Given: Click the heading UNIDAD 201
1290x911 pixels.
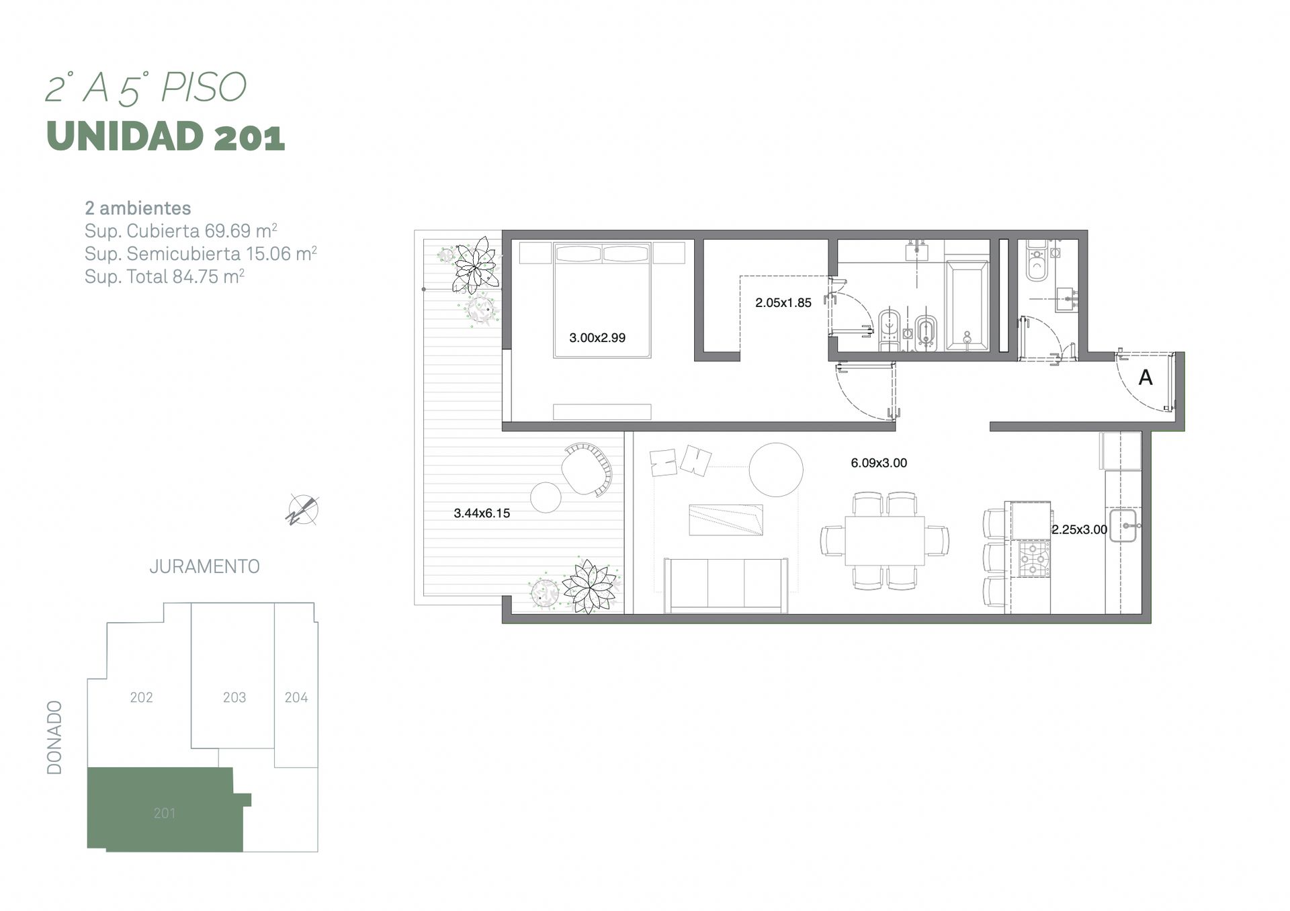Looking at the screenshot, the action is [166, 136].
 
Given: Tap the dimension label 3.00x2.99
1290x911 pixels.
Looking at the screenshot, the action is [597, 338].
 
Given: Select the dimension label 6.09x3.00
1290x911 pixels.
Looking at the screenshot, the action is [879, 463].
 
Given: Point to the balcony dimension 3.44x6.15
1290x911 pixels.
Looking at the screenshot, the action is [482, 513].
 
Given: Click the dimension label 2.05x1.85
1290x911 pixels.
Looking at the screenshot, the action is [783, 303].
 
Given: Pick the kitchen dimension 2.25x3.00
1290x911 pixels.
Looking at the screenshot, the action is [1079, 529].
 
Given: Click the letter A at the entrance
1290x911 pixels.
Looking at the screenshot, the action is [1146, 378].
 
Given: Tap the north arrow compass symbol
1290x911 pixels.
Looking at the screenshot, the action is [302, 510].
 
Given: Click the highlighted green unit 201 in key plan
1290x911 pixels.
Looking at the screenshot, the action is [165, 810].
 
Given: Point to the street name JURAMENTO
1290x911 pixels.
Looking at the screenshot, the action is [204, 567].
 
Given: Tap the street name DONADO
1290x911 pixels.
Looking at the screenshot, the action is [54, 738].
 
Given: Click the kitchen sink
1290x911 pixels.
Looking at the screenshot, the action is [1123, 526].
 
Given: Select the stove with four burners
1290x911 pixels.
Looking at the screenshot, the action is [1034, 559].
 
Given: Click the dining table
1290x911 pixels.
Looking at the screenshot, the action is [884, 541].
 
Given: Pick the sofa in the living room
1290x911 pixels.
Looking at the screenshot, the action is [726, 585].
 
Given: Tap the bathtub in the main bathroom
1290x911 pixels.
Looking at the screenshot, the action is [967, 306].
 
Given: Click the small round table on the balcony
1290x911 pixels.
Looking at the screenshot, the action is [546, 498].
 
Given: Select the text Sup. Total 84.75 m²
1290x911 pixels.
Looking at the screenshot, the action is [164, 276].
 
